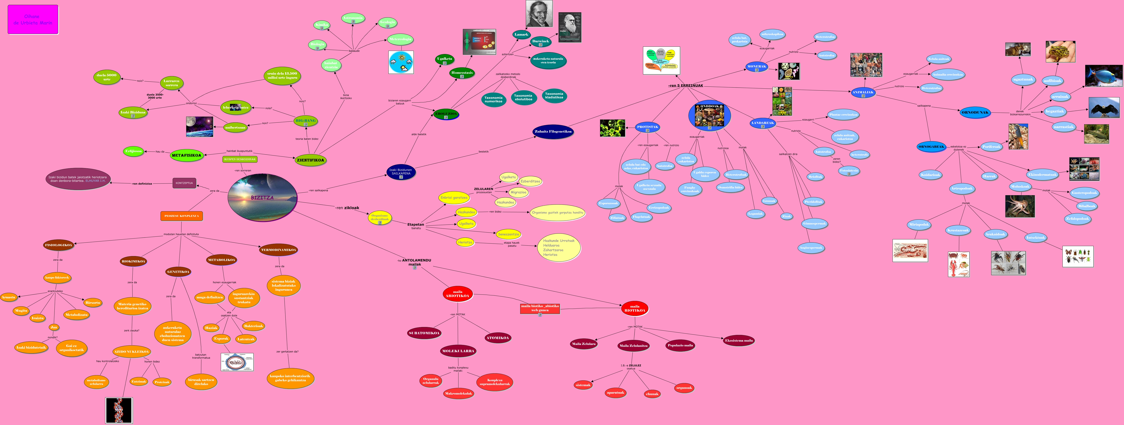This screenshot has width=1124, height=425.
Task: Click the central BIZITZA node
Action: point(262,197)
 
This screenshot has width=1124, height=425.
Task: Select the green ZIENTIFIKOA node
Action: point(310,160)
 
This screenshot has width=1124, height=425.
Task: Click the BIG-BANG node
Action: point(305,121)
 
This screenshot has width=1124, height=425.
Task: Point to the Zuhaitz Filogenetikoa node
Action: point(553,131)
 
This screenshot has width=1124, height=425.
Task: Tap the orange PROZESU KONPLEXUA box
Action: point(182,216)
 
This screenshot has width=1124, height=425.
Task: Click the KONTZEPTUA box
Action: point(184,183)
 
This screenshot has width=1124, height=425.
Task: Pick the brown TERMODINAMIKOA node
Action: point(278,250)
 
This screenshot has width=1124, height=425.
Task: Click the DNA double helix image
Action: point(119,410)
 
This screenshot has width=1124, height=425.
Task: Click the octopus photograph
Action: point(1020,206)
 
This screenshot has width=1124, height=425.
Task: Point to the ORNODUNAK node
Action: point(975,113)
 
